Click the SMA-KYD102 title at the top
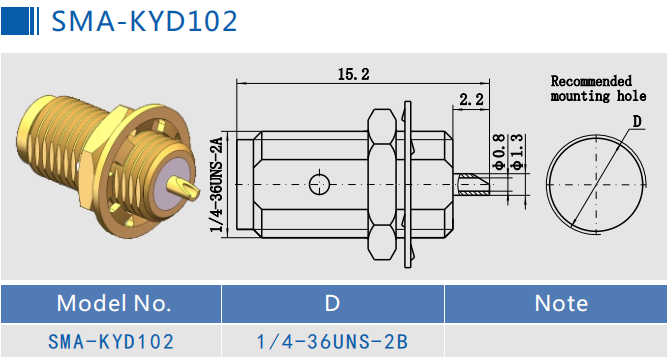tap(144, 21)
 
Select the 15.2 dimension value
tap(353, 74)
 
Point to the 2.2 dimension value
tap(471, 100)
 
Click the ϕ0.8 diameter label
tap(499, 152)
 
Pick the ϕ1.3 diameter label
tap(517, 152)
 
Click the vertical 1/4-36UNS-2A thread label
tap(217, 184)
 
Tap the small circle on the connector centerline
tap(319, 184)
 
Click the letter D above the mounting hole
tap(637, 122)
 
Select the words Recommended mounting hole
tap(598, 88)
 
